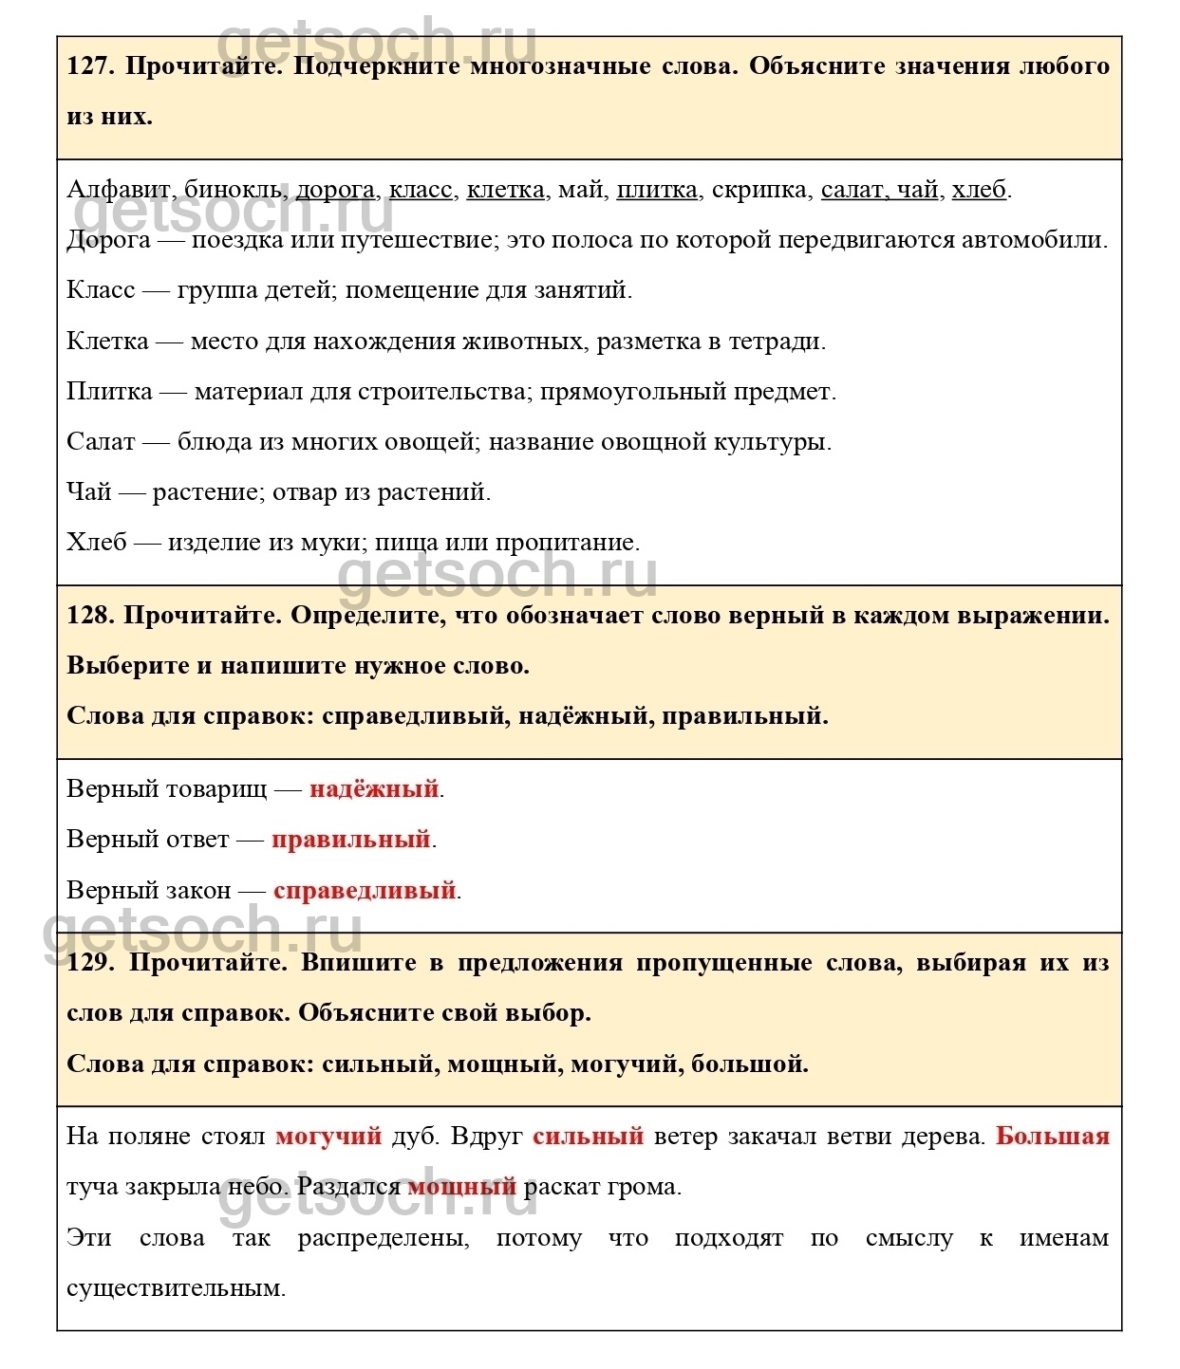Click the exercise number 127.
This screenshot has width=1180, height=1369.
tap(91, 66)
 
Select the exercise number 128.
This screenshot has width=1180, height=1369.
tap(90, 615)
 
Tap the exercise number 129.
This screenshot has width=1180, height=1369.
tap(91, 962)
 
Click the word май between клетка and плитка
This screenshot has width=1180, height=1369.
tap(580, 189)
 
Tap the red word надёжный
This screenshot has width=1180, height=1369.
tap(374, 788)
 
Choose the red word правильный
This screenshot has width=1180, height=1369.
tap(350, 839)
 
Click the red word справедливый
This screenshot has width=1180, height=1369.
tap(365, 890)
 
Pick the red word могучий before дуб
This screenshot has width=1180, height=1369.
tap(328, 1136)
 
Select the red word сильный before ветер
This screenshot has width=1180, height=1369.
tap(588, 1136)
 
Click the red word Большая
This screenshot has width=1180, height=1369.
tap(1052, 1136)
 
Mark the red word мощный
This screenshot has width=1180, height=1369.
tap(461, 1186)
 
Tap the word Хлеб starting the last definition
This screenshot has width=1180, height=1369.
tap(96, 542)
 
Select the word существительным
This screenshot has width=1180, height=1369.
tap(176, 1287)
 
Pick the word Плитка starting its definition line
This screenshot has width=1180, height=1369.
tap(109, 391)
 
